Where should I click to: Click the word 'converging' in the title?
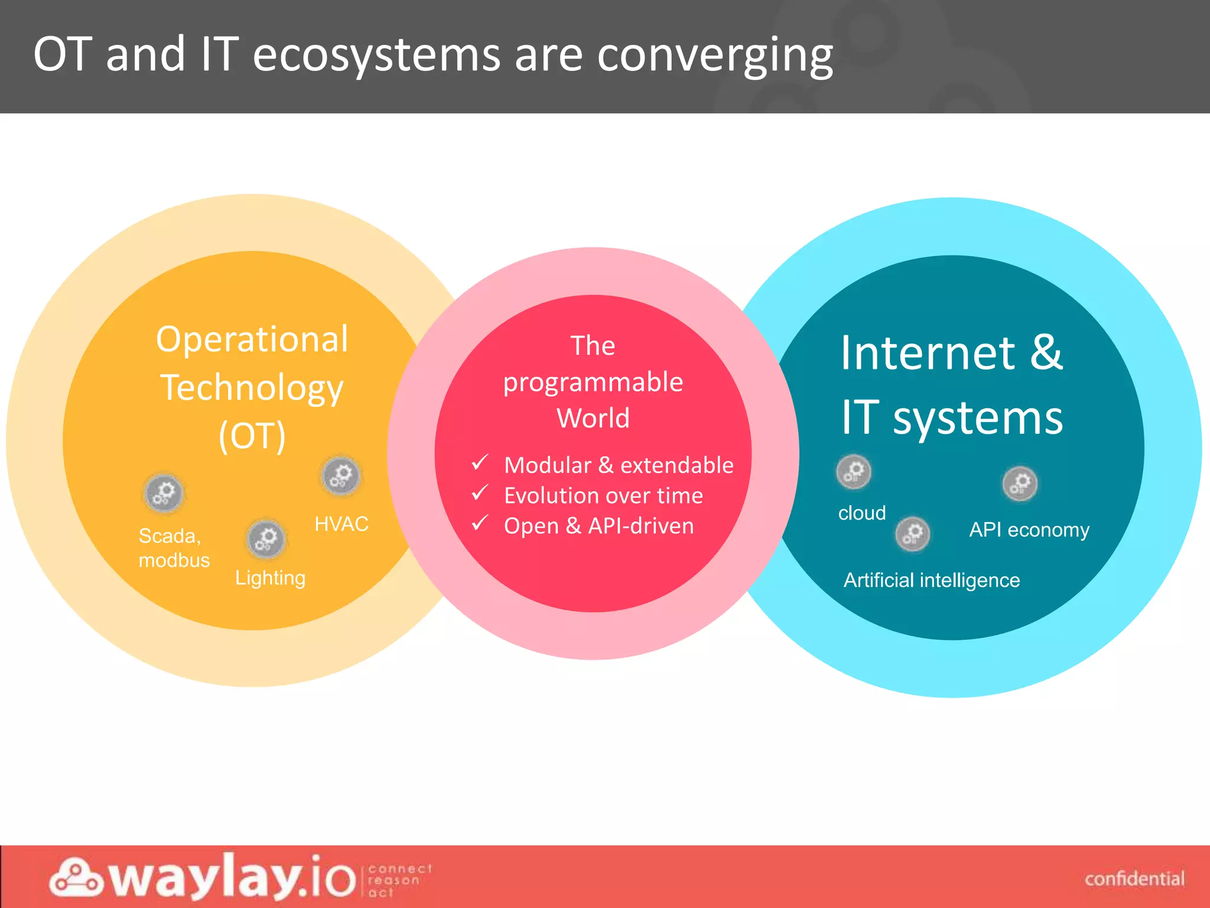click(715, 55)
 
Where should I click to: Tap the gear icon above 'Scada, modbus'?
click(164, 493)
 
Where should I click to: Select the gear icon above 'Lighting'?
click(266, 539)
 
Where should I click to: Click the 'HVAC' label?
click(341, 524)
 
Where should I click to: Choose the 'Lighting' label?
click(270, 578)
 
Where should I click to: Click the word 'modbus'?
click(174, 560)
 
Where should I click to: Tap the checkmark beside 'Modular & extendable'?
click(480, 463)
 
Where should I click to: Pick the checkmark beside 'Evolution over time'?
click(480, 493)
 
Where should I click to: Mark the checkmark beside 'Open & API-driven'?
click(480, 523)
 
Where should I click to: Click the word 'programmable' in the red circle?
click(593, 382)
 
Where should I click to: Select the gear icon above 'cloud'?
click(854, 472)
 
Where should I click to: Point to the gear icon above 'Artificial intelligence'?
click(913, 534)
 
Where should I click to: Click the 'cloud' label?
click(862, 513)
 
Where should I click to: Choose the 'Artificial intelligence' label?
click(932, 580)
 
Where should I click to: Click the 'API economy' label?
click(1029, 530)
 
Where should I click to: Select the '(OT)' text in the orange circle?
click(252, 436)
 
